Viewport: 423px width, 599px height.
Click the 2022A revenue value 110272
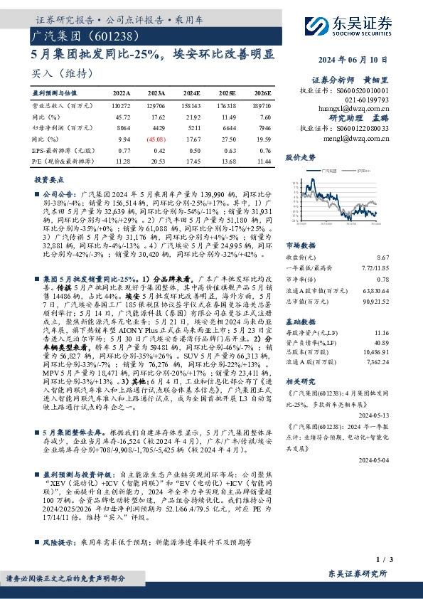coord(121,105)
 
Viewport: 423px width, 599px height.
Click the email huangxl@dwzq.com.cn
coord(357,110)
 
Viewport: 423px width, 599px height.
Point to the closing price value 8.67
coord(402,256)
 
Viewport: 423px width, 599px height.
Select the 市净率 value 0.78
coord(402,280)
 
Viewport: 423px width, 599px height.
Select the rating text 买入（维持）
coord(57,73)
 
